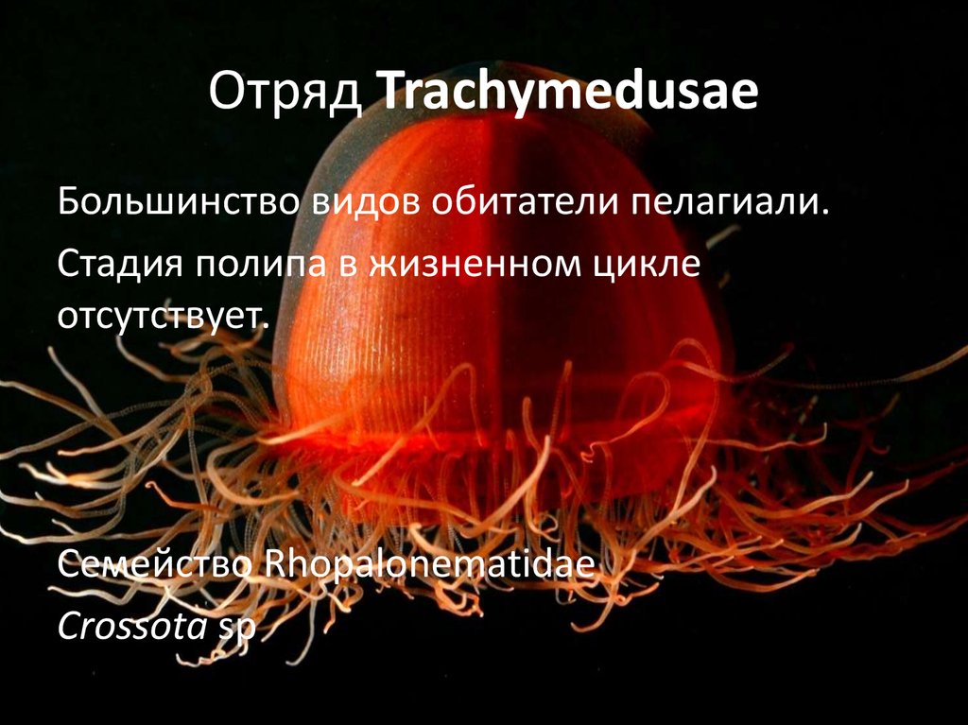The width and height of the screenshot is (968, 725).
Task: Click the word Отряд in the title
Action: click(x=286, y=95)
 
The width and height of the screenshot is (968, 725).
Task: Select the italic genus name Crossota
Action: click(x=130, y=625)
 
